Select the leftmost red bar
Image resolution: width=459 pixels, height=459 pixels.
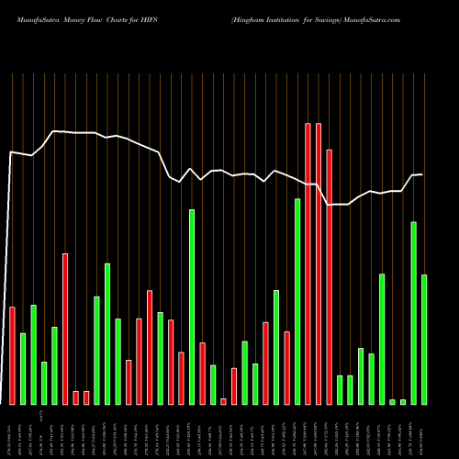12,355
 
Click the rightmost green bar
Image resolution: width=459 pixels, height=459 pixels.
424,339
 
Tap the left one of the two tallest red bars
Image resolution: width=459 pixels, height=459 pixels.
308,263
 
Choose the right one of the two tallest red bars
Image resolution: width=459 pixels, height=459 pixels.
319,263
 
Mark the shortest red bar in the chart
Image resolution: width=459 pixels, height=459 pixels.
223,401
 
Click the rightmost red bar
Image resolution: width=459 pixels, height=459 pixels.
329,276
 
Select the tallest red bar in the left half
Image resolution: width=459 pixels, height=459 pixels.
65,329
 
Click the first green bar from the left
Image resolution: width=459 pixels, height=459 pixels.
23,368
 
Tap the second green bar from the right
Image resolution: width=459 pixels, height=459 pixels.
413,312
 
